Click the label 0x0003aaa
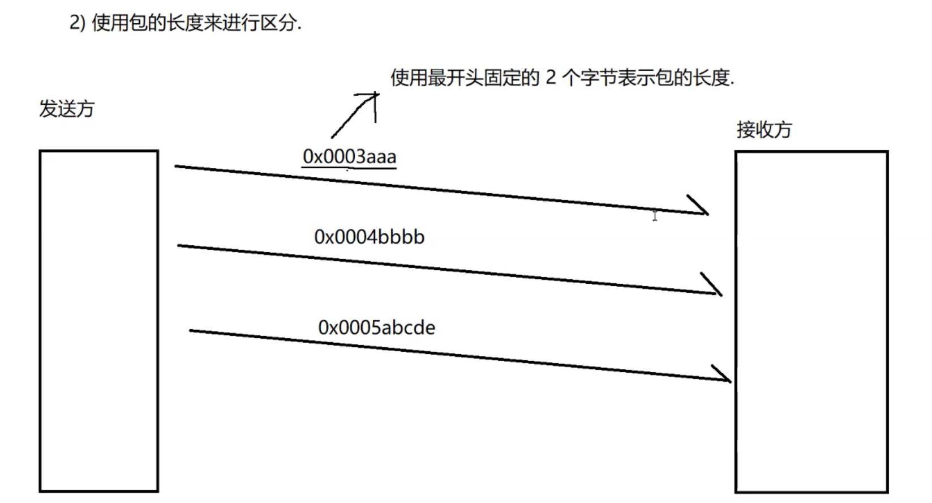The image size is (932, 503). (x=349, y=156)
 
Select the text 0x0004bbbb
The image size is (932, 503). (x=369, y=237)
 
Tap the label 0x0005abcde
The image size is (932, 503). (x=376, y=327)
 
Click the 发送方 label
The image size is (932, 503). (x=67, y=108)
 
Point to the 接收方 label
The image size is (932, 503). (x=764, y=130)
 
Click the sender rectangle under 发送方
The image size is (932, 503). (x=98, y=321)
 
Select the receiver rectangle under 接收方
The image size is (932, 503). (x=811, y=322)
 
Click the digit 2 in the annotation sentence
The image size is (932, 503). (x=551, y=77)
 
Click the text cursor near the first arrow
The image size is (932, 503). (x=655, y=215)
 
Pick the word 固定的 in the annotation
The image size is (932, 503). (x=512, y=77)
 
